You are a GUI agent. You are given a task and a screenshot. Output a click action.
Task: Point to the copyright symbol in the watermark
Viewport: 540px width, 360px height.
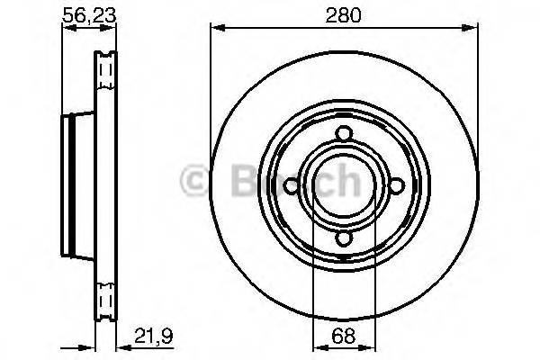(194, 180)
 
